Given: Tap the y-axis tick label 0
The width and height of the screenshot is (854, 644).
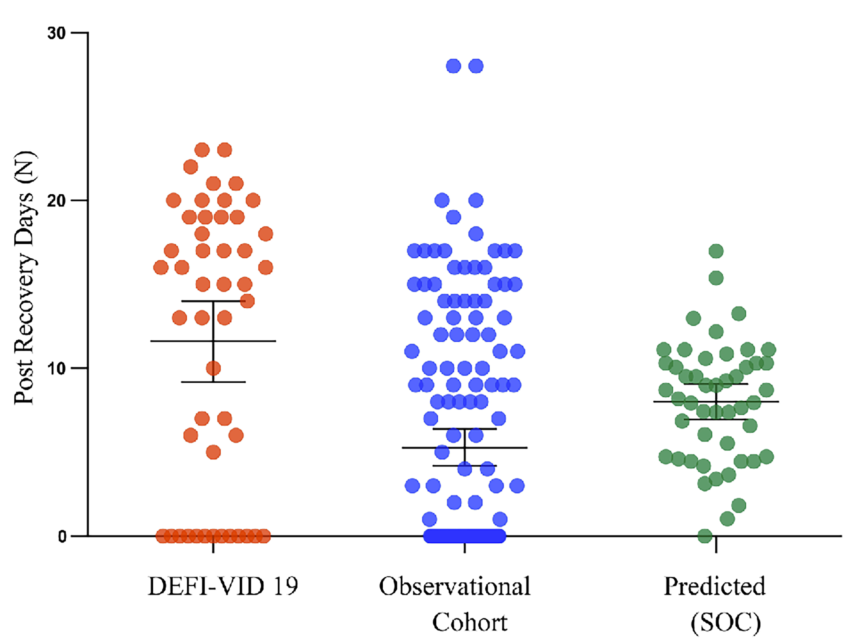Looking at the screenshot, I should (x=62, y=537).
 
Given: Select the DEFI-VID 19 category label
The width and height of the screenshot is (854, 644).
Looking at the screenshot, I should (x=223, y=586).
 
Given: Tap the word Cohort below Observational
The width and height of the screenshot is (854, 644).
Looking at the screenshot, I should (x=469, y=622).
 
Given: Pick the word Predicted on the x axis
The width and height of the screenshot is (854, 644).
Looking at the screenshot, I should (x=714, y=586).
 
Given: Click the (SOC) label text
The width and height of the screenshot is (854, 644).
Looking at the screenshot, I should (x=725, y=622).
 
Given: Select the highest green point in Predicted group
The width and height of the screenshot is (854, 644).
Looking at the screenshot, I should (x=716, y=251).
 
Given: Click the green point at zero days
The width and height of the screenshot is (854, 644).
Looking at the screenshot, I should (x=705, y=536).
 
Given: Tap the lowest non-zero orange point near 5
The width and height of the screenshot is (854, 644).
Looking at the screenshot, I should (x=213, y=452).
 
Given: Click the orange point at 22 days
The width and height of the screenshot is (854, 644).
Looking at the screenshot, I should (x=191, y=167).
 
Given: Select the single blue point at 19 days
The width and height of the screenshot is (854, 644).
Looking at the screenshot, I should (x=454, y=217).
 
